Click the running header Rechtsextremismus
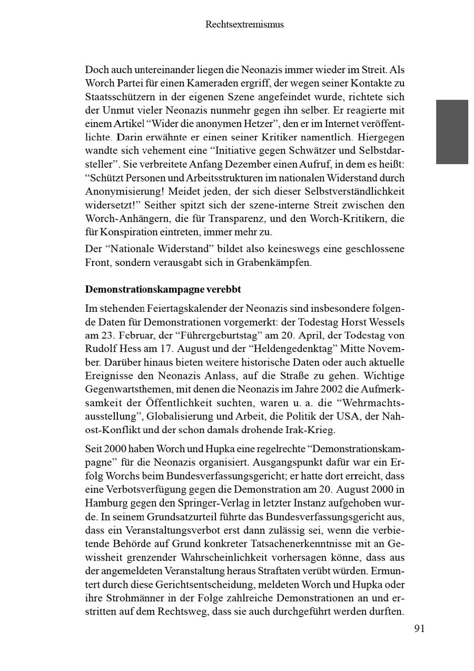coord(244,24)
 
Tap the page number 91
coord(419,628)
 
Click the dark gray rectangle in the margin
coord(452,132)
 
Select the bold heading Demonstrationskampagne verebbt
coord(163,290)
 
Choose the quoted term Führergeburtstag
coord(217,335)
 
